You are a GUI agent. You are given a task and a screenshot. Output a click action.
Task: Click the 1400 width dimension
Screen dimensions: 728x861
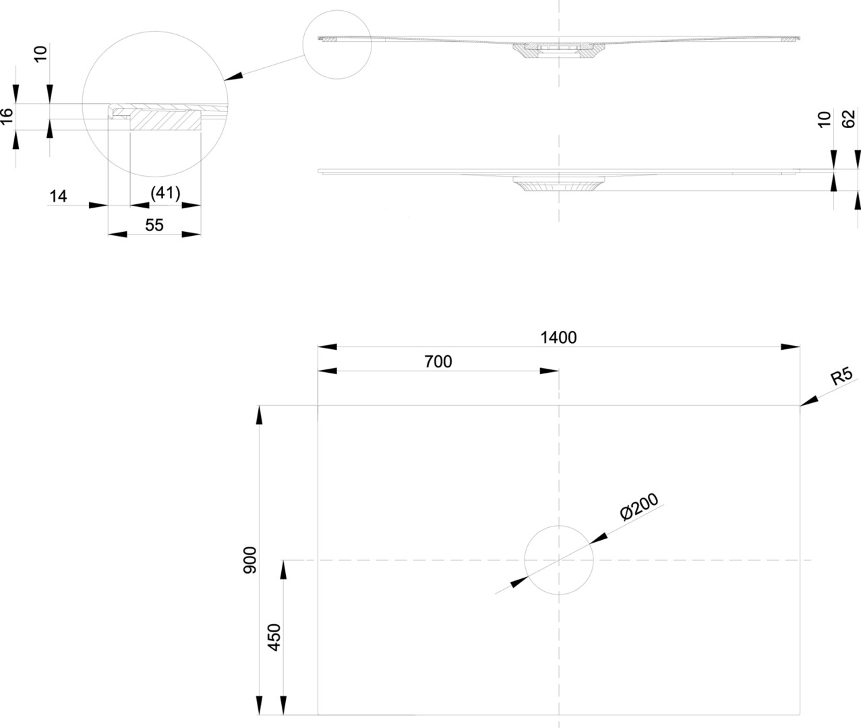click(559, 337)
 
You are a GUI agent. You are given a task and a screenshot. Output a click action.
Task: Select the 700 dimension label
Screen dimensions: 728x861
click(438, 361)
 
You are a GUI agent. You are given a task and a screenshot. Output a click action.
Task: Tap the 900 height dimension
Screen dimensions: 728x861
click(249, 559)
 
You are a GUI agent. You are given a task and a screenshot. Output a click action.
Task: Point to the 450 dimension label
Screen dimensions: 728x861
click(274, 637)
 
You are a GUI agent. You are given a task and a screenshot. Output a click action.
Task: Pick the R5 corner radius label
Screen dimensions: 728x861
click(841, 376)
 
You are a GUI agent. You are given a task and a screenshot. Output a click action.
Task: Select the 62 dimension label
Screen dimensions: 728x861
click(849, 119)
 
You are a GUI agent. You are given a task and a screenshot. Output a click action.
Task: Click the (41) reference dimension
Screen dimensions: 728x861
click(165, 194)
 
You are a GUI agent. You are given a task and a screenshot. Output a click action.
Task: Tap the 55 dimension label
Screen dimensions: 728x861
click(154, 225)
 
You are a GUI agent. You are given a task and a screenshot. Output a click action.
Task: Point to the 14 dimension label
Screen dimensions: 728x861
click(59, 196)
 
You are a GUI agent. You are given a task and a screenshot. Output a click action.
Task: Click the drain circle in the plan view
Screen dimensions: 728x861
click(559, 559)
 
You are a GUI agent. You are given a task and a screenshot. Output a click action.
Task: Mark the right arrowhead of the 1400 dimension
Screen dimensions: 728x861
click(791, 346)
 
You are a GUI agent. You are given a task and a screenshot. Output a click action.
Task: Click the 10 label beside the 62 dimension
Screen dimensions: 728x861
click(824, 119)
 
